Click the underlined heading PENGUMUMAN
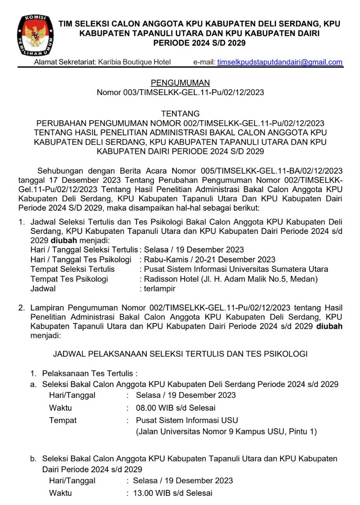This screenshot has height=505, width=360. point(180,83)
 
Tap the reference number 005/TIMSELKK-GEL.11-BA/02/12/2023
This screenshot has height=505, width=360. point(269,171)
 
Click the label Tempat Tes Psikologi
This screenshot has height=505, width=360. point(69,279)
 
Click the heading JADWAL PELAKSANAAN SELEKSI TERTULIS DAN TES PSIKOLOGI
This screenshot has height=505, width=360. point(180,354)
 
